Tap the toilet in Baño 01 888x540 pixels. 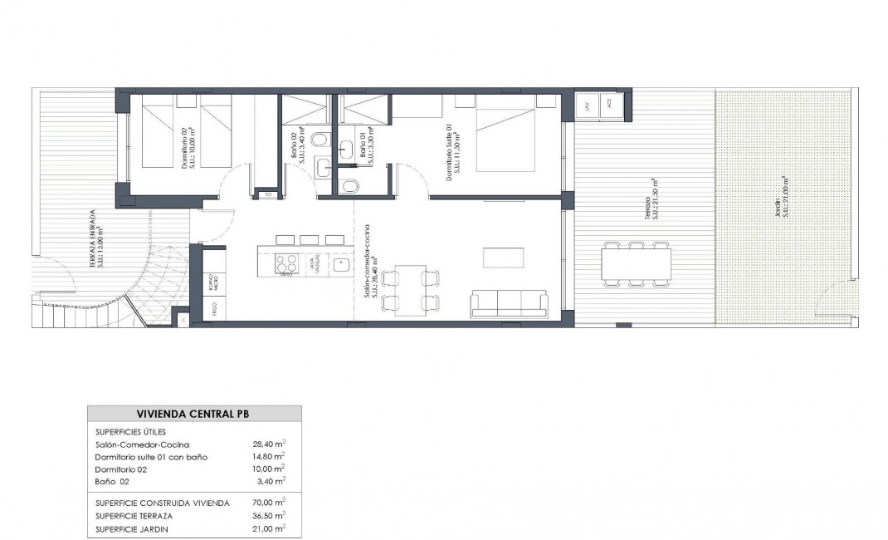coord(350,184)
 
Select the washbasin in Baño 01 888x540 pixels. coord(348,150)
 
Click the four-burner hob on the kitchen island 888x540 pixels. coord(286,264)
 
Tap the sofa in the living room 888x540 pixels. coord(509,303)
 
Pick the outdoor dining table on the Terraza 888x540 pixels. coord(637,263)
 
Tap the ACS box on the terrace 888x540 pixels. coord(609,105)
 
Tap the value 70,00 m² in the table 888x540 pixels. coord(268,503)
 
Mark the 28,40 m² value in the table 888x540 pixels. coord(268,444)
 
